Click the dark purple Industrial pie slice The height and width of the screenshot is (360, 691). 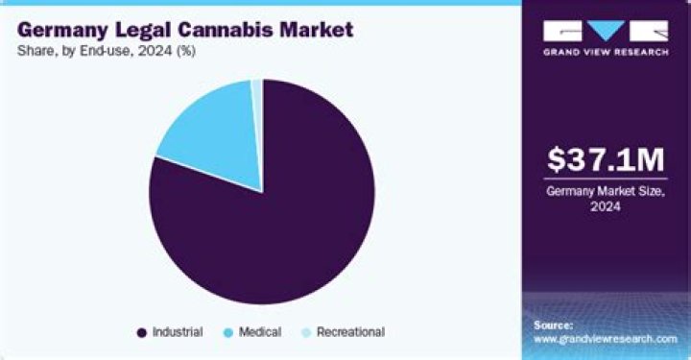278,221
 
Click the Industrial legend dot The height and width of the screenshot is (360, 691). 142,332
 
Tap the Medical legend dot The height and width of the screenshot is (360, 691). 226,332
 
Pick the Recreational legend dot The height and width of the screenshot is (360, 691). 306,332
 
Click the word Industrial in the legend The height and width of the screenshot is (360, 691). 177,332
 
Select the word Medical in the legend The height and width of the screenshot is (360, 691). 259,332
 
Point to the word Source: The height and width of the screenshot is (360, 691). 553,324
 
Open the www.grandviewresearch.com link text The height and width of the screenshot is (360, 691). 605,339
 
